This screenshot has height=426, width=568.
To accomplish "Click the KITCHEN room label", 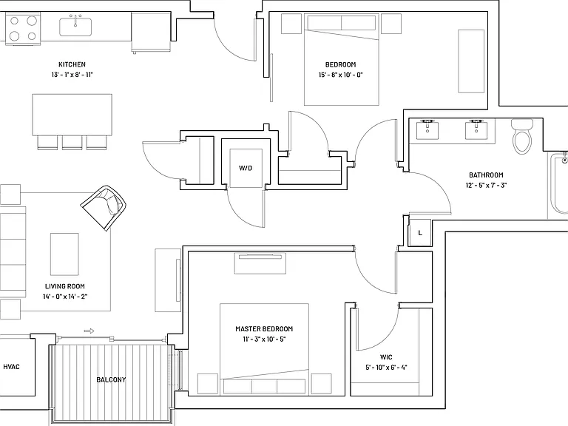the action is tap(72, 64).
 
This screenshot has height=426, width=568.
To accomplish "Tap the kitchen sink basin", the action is tap(75, 27).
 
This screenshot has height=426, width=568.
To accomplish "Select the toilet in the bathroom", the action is tap(522, 137).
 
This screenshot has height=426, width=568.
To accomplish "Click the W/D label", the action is tap(246, 168).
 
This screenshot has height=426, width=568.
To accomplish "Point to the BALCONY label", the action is tap(111, 379).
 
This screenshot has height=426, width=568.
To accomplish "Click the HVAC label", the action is tap(11, 367).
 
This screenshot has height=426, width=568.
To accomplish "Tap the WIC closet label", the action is tap(386, 357).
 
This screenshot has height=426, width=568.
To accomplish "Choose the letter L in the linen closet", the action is tap(420, 232).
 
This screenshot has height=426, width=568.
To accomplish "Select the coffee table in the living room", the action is tap(64, 254).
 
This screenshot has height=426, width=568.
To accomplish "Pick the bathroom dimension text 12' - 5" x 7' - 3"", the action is tap(486, 186).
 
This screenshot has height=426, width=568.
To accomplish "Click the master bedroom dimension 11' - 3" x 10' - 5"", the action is tap(265, 339).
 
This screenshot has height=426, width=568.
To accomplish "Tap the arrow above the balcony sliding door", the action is tap(89, 331).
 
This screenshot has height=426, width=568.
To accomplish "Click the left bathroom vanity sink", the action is tap(427, 129).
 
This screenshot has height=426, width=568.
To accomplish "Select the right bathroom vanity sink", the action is tap(476, 129).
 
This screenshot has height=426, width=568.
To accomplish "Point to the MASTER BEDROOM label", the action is tap(264, 329).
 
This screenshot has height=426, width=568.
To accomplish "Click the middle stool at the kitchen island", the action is tap(72, 142).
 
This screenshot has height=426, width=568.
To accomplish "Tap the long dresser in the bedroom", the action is tap(471, 61).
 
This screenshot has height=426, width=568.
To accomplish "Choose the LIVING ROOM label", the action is tap(65, 286).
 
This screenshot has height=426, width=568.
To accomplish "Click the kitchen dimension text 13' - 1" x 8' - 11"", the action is tap(72, 75).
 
